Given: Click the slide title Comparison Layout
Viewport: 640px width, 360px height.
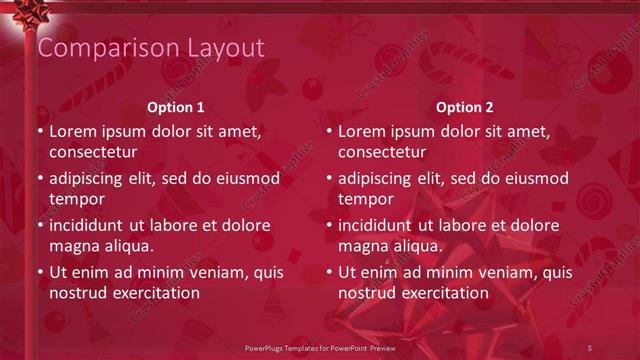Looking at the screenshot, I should coord(150,48).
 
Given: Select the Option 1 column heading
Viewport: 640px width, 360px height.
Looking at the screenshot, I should coord(176,107).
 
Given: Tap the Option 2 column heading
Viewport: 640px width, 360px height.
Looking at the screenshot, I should coord(465,107).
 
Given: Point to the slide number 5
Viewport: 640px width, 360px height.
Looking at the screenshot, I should coord(590,346).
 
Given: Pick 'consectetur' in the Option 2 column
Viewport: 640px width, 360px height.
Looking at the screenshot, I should coord(382,153).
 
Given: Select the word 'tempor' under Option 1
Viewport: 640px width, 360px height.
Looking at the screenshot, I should coord(76,199).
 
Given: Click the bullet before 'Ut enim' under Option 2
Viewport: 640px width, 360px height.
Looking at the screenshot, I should coord(329,272).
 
